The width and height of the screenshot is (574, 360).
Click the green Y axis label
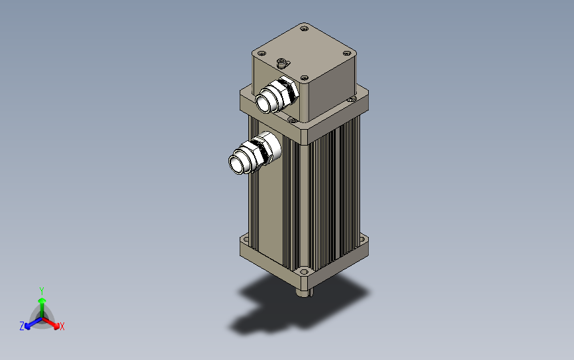[42, 291]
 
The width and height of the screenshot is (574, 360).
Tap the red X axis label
[62, 326]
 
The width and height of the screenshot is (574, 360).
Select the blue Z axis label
[22, 326]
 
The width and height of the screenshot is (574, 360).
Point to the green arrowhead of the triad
[42, 301]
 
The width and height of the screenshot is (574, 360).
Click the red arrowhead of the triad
[56, 326]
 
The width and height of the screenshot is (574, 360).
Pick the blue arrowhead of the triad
[27, 326]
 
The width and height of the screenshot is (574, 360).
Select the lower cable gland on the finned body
[255, 153]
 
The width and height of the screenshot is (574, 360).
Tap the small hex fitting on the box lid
[281, 64]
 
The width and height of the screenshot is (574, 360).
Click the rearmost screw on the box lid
[304, 28]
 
